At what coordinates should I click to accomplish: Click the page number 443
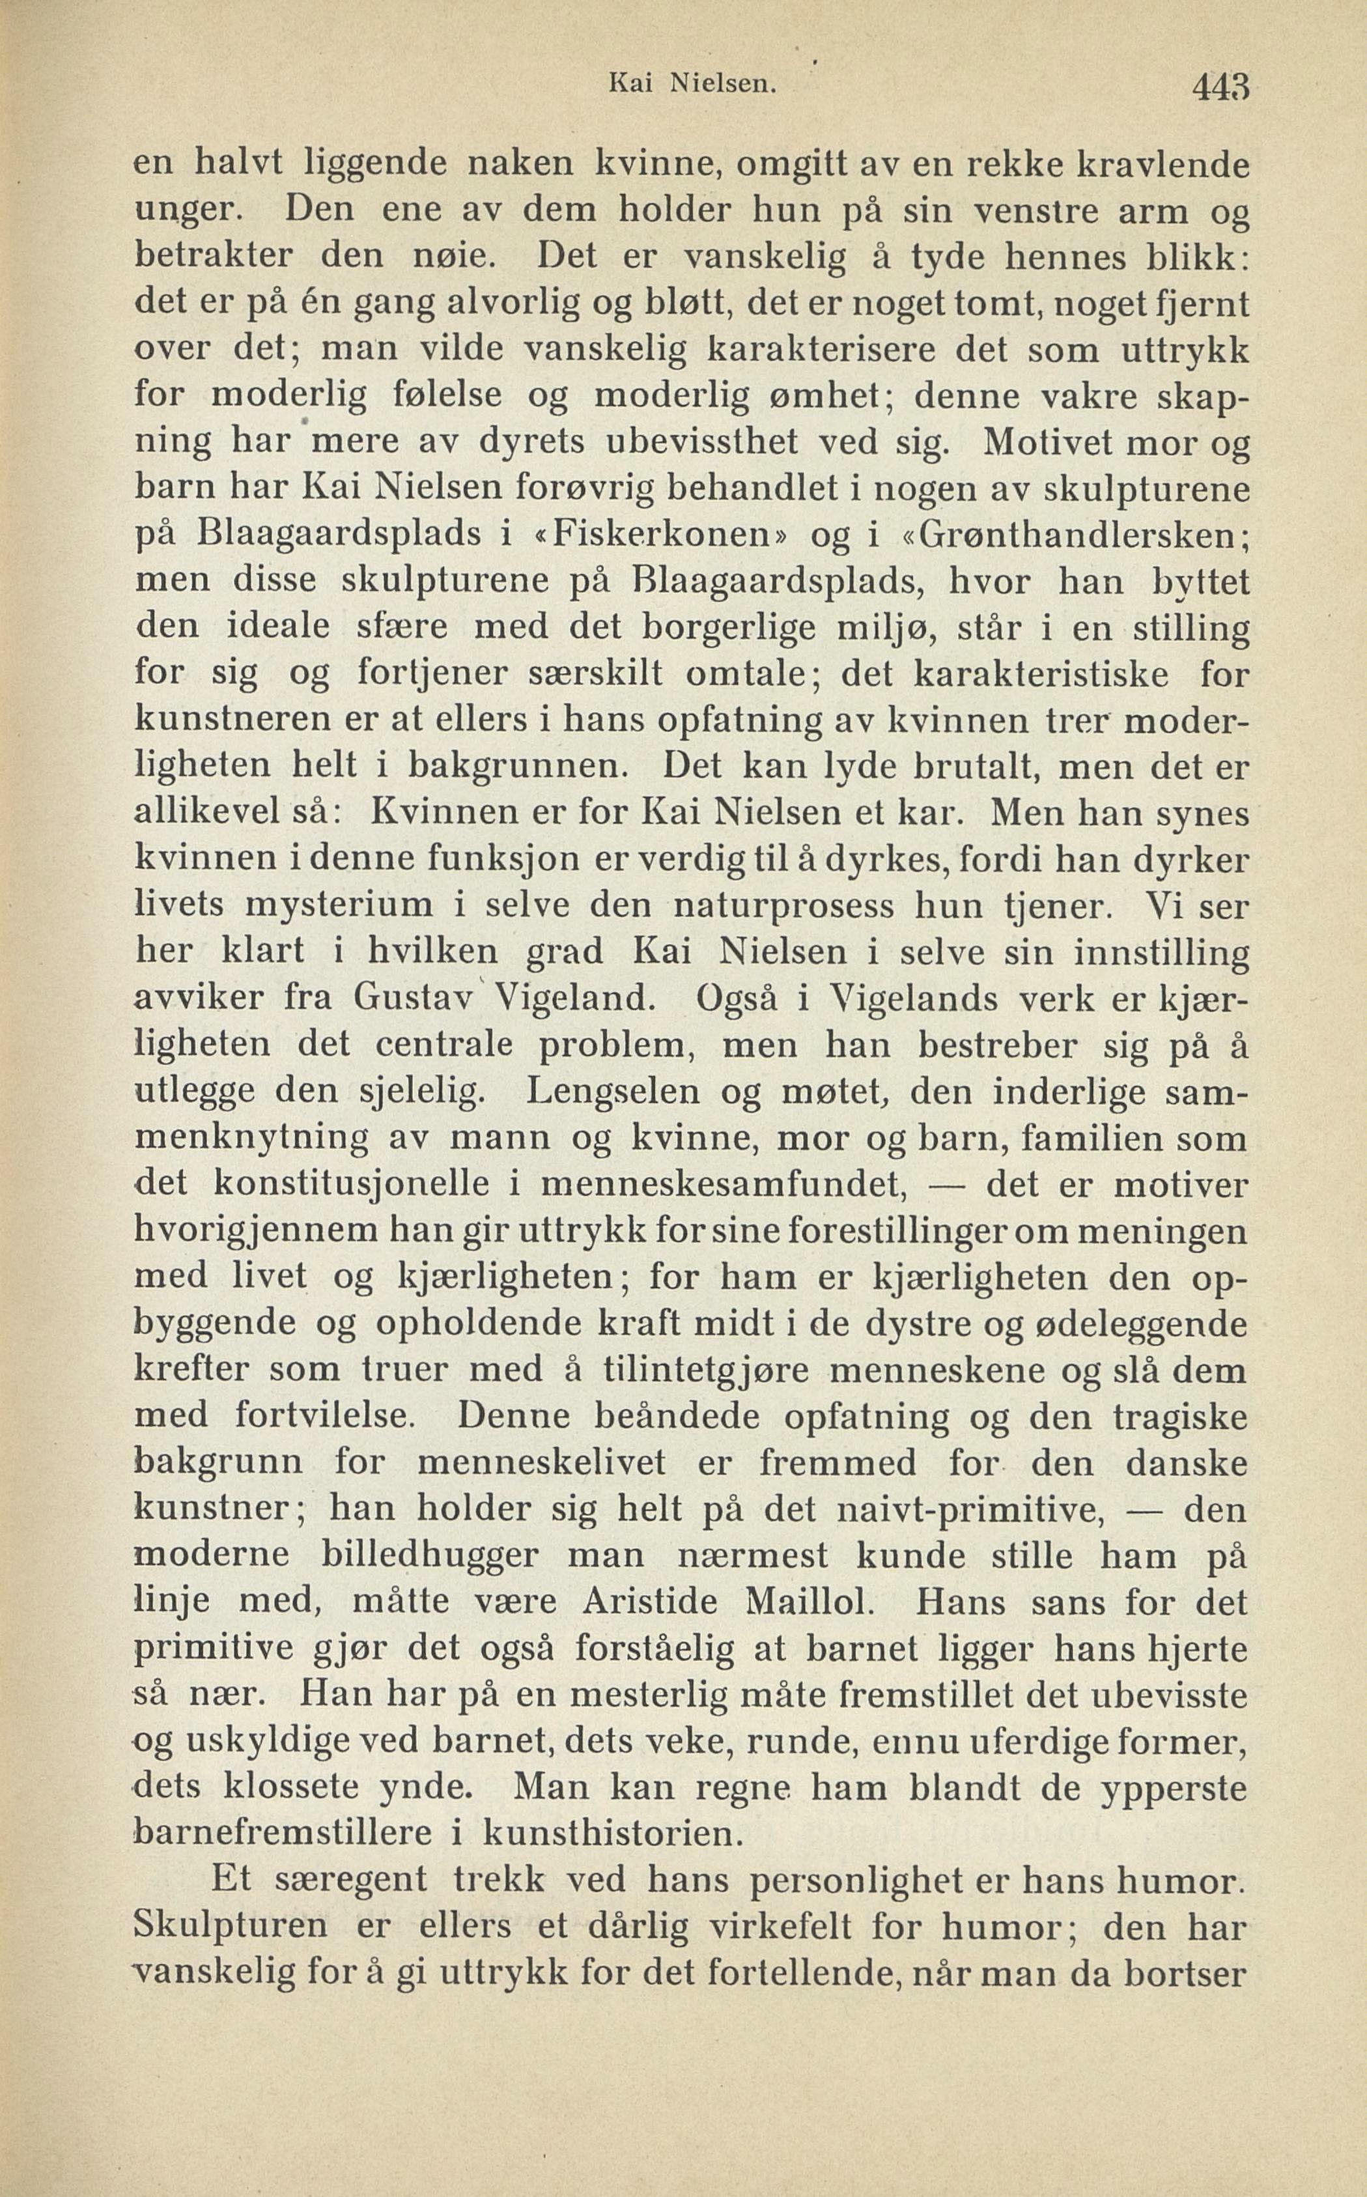point(1220,88)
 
